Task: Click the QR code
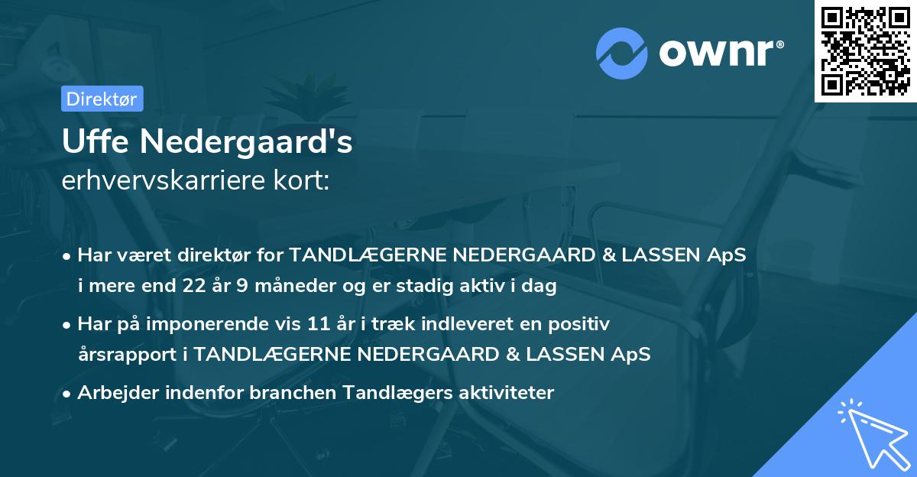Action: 866,51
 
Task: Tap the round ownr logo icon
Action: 622,53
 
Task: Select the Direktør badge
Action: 102,99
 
